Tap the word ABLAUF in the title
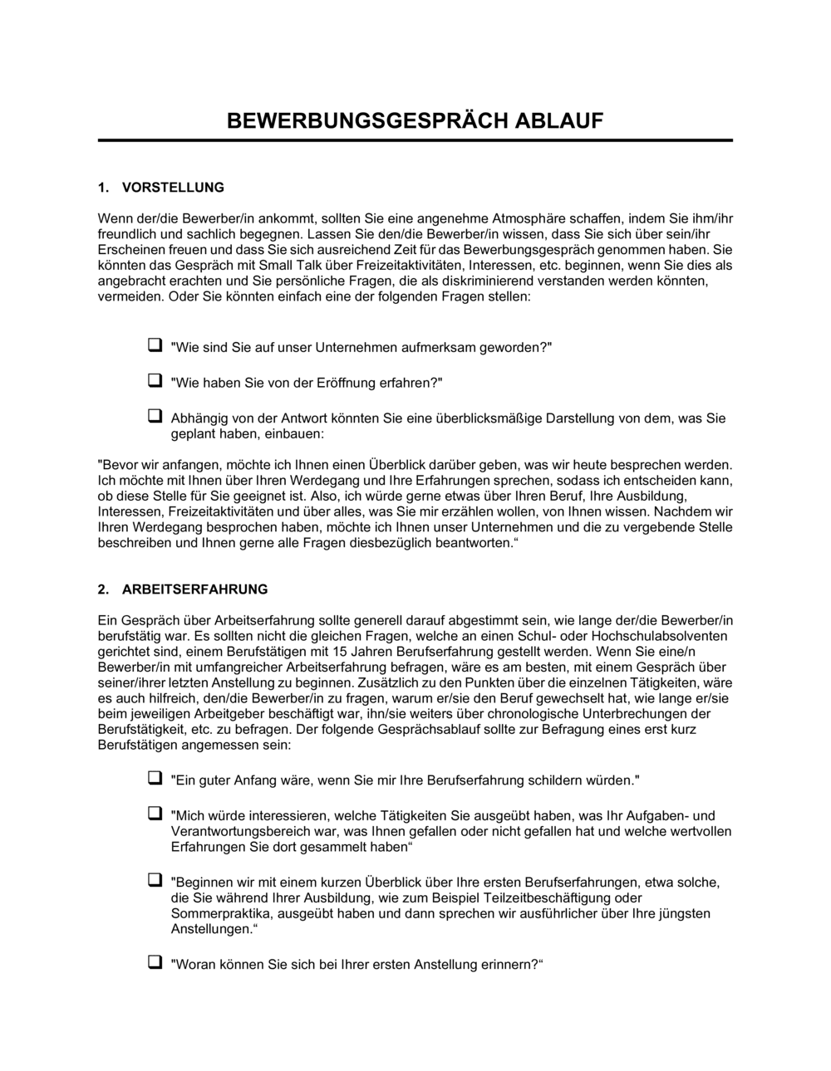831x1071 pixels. [560, 121]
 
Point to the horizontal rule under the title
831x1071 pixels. [415, 141]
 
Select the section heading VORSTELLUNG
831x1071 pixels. [173, 188]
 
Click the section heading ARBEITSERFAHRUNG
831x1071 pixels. [194, 589]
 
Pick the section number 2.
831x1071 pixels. [103, 589]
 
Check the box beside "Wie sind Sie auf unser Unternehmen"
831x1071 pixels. [155, 345]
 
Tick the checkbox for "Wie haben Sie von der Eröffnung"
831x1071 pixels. [155, 380]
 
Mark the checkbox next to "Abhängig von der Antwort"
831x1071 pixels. [155, 416]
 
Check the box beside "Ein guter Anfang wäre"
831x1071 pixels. [155, 778]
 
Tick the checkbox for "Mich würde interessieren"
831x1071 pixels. [155, 814]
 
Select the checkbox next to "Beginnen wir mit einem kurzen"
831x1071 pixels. [155, 879]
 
